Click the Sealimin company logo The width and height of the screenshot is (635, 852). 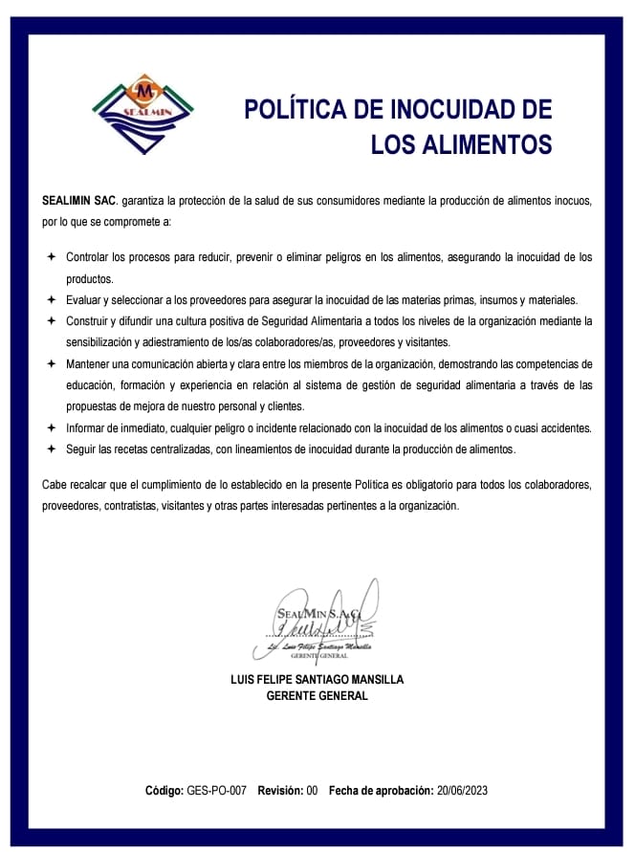pos(145,114)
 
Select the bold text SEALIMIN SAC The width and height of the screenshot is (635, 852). pos(79,201)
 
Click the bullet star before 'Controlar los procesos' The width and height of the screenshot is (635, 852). pos(50,258)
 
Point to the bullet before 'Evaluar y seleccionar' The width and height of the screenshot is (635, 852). pos(50,299)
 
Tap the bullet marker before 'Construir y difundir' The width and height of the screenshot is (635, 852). pos(50,320)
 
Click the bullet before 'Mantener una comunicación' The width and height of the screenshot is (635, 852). pos(50,363)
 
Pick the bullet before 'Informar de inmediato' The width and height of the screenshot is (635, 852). pos(50,427)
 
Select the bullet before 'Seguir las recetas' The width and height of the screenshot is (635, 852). pos(50,448)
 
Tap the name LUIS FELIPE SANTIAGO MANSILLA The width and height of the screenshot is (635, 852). pos(317,679)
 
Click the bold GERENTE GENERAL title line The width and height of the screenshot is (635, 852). pos(317,696)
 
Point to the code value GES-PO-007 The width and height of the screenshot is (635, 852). pos(217,791)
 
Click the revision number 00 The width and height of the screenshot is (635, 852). pos(312,791)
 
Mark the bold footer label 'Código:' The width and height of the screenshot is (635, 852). pos(164,791)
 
